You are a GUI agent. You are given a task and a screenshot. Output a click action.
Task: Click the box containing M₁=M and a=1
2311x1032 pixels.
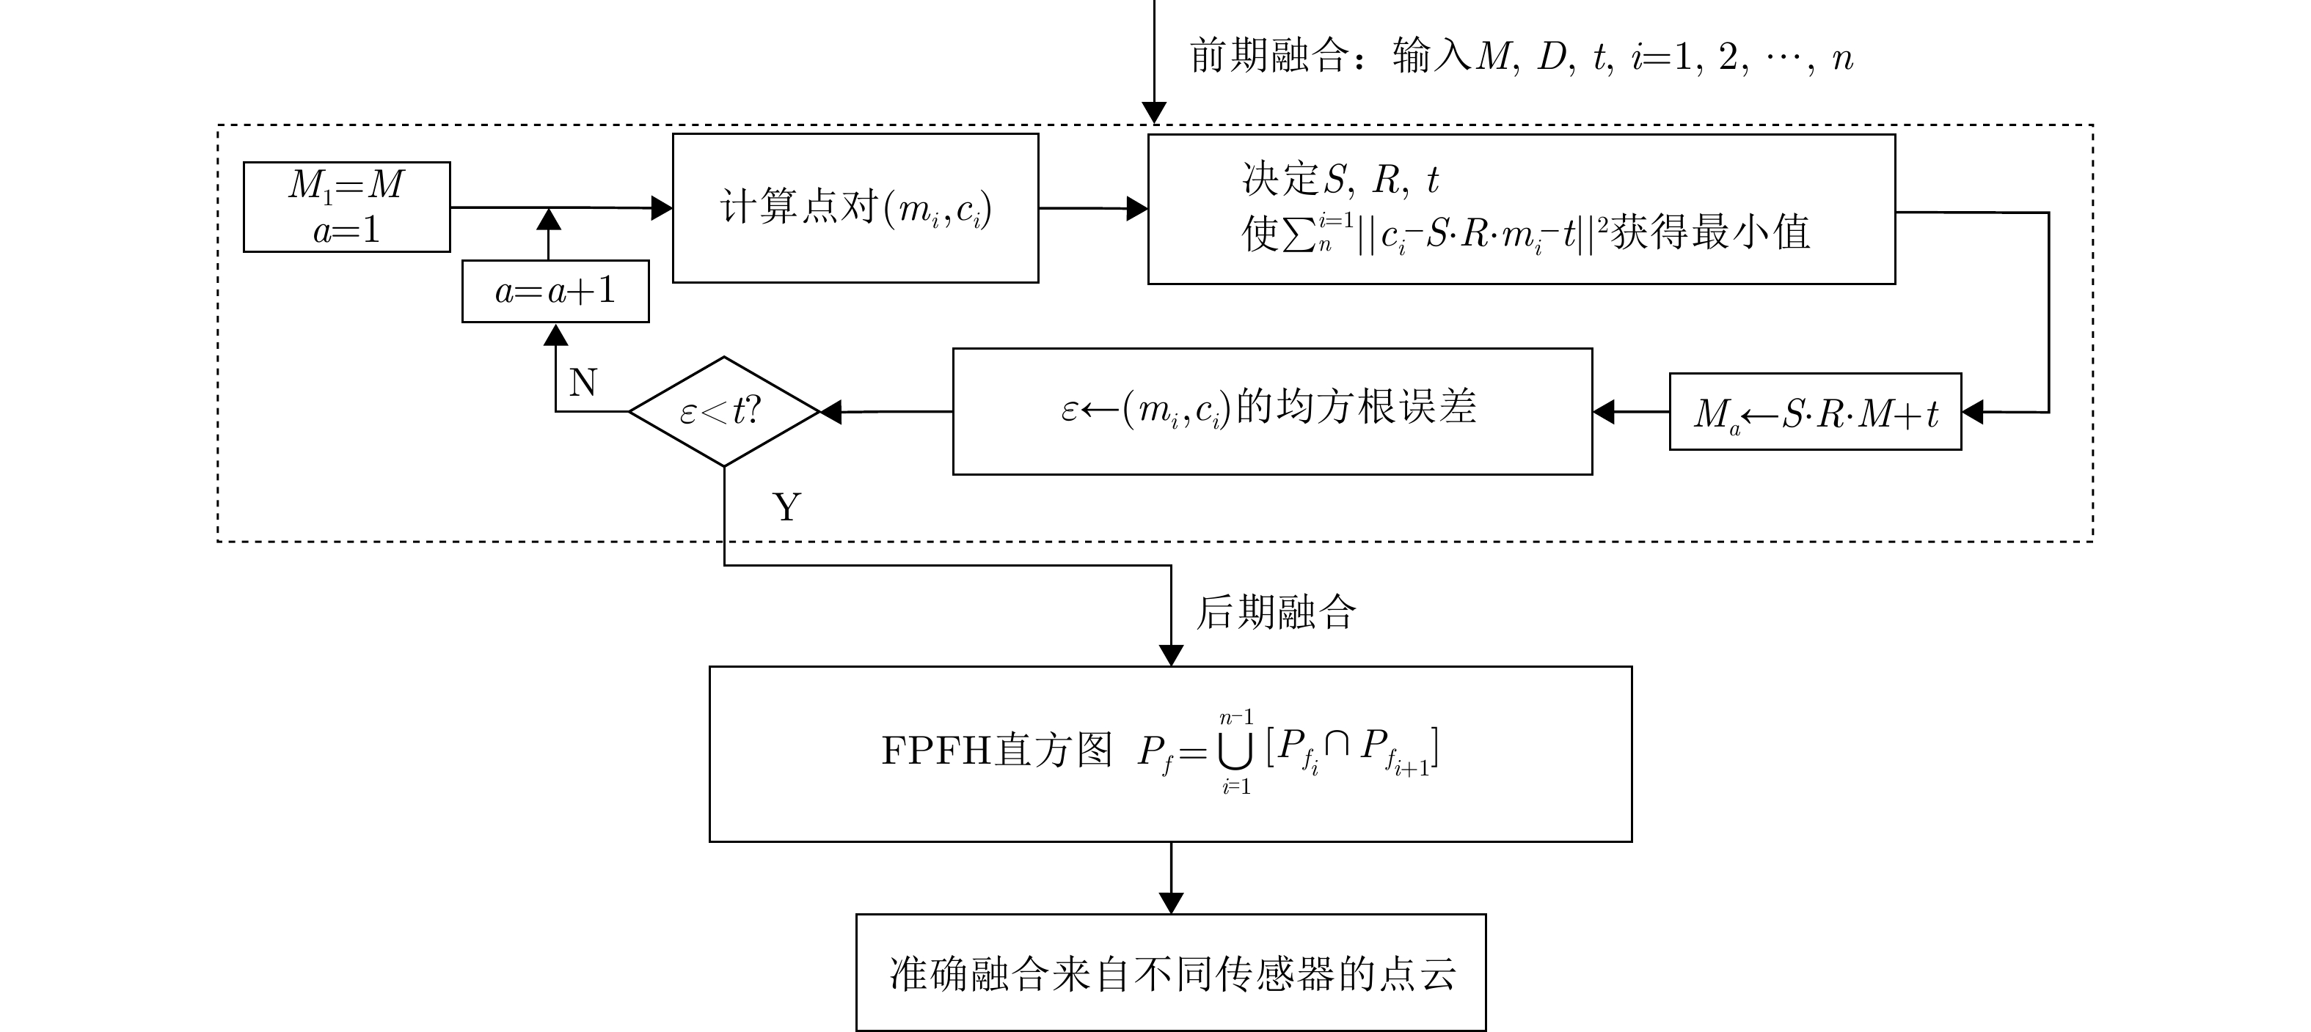[346, 207]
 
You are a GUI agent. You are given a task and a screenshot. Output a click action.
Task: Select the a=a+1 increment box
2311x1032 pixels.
[555, 290]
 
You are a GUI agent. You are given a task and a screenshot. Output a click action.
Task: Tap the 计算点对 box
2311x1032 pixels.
[855, 208]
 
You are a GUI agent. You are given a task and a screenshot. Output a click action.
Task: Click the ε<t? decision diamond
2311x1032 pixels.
[724, 411]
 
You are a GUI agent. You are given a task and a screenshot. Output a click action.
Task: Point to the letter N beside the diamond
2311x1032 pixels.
[583, 383]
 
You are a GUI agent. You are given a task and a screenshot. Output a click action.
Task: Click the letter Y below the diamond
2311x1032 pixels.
[786, 507]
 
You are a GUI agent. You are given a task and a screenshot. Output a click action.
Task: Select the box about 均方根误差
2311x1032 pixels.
[1271, 410]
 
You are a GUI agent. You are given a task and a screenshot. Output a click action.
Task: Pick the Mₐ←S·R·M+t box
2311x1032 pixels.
[1815, 411]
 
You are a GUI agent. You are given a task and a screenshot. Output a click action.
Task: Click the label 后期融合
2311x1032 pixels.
[1276, 613]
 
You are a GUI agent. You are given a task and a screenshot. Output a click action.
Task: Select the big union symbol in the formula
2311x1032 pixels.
[1235, 752]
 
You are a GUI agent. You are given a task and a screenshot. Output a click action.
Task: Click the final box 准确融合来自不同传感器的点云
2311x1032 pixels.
[1171, 973]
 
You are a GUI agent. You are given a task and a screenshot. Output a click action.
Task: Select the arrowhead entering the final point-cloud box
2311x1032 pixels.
[1171, 903]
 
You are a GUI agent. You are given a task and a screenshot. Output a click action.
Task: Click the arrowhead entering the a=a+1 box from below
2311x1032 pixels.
[556, 334]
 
